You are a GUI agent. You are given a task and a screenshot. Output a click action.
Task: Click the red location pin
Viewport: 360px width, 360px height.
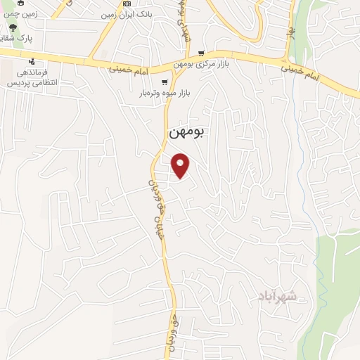182,165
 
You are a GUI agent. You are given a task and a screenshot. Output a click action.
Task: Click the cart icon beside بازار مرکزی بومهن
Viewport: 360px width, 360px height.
202,53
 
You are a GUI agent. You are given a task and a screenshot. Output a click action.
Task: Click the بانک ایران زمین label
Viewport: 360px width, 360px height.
127,14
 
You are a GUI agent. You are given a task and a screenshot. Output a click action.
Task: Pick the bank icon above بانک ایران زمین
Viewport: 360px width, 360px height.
127,4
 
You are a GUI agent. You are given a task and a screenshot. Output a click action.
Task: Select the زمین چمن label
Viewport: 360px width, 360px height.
22,13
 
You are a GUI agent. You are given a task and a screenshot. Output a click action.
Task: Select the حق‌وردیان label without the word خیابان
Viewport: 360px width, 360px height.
172,327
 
